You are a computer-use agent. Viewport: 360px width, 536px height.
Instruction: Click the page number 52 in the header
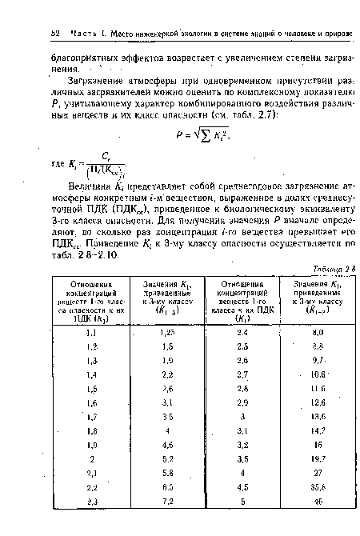(x=54, y=32)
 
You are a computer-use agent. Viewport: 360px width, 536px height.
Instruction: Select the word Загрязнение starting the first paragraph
(x=101, y=81)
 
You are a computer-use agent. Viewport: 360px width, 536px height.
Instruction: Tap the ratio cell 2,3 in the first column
(x=91, y=521)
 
